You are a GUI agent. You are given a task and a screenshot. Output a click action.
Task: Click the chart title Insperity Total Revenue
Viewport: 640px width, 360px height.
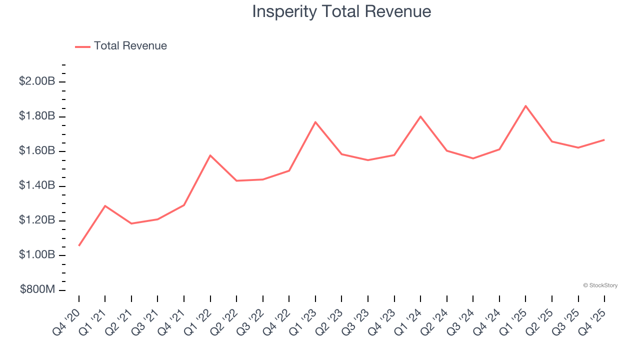pyautogui.click(x=341, y=11)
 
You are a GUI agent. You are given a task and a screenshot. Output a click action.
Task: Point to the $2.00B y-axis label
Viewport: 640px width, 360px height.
pyautogui.click(x=36, y=81)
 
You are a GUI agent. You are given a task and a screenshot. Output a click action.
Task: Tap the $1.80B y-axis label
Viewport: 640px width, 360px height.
pyautogui.click(x=36, y=116)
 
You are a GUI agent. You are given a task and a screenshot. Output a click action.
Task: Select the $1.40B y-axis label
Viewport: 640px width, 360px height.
pyautogui.click(x=36, y=185)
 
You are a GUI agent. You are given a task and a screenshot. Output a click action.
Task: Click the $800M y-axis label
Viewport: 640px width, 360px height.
pyautogui.click(x=37, y=289)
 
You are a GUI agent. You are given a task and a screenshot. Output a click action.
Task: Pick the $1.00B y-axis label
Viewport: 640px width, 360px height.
pyautogui.click(x=36, y=255)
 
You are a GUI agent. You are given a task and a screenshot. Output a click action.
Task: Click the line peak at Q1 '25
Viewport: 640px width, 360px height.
pyautogui.click(x=525, y=106)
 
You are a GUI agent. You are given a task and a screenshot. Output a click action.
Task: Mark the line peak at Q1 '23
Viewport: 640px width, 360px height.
pyautogui.click(x=315, y=122)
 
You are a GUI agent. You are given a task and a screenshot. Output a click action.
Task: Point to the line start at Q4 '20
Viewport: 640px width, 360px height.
pyautogui.click(x=79, y=245)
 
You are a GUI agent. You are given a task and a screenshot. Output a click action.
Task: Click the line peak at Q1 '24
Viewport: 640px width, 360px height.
pyautogui.click(x=420, y=116)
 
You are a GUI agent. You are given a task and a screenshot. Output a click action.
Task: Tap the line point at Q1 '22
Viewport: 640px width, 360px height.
pyautogui.click(x=210, y=155)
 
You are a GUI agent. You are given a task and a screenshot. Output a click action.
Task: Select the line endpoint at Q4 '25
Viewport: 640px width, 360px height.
pyautogui.click(x=604, y=140)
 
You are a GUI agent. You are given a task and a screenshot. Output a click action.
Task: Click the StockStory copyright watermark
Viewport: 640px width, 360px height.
pyautogui.click(x=600, y=285)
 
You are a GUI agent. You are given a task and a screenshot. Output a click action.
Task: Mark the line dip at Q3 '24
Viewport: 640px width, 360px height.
pyautogui.click(x=473, y=158)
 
